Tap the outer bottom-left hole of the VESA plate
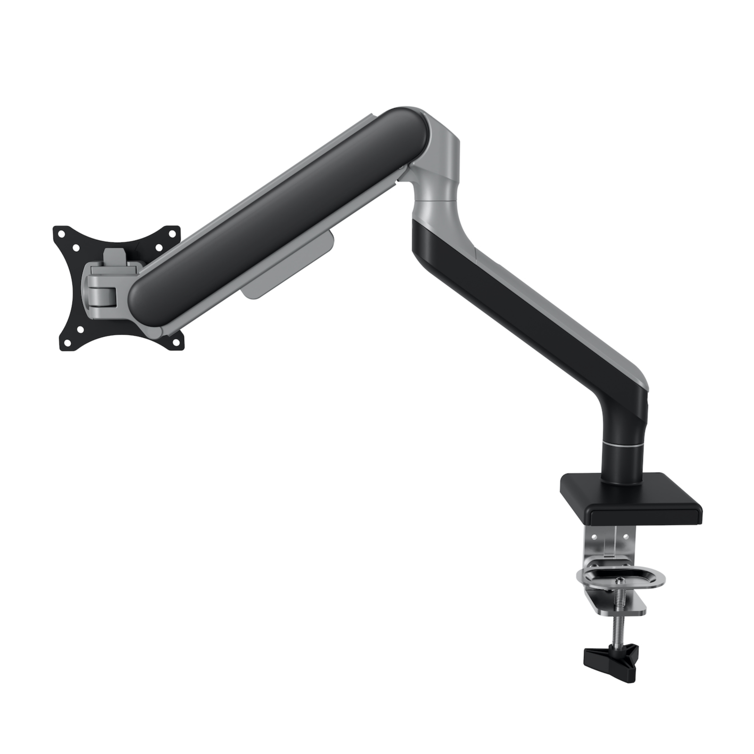tap(66, 343)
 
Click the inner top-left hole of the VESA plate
tap(76, 247)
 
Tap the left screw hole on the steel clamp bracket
tap(595, 536)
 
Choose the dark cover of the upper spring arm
tap(283, 207)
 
